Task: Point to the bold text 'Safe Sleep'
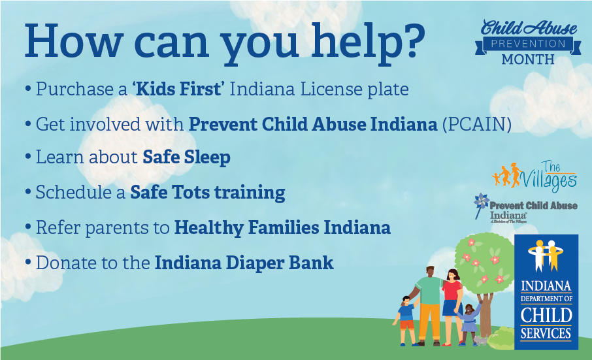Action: click(186, 157)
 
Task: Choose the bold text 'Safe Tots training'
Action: click(207, 193)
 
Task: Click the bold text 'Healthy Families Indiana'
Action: click(282, 227)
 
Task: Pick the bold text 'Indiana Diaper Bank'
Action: click(244, 263)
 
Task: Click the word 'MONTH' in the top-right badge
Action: click(528, 60)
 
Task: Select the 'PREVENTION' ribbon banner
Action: click(528, 44)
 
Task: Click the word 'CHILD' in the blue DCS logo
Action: click(546, 315)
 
